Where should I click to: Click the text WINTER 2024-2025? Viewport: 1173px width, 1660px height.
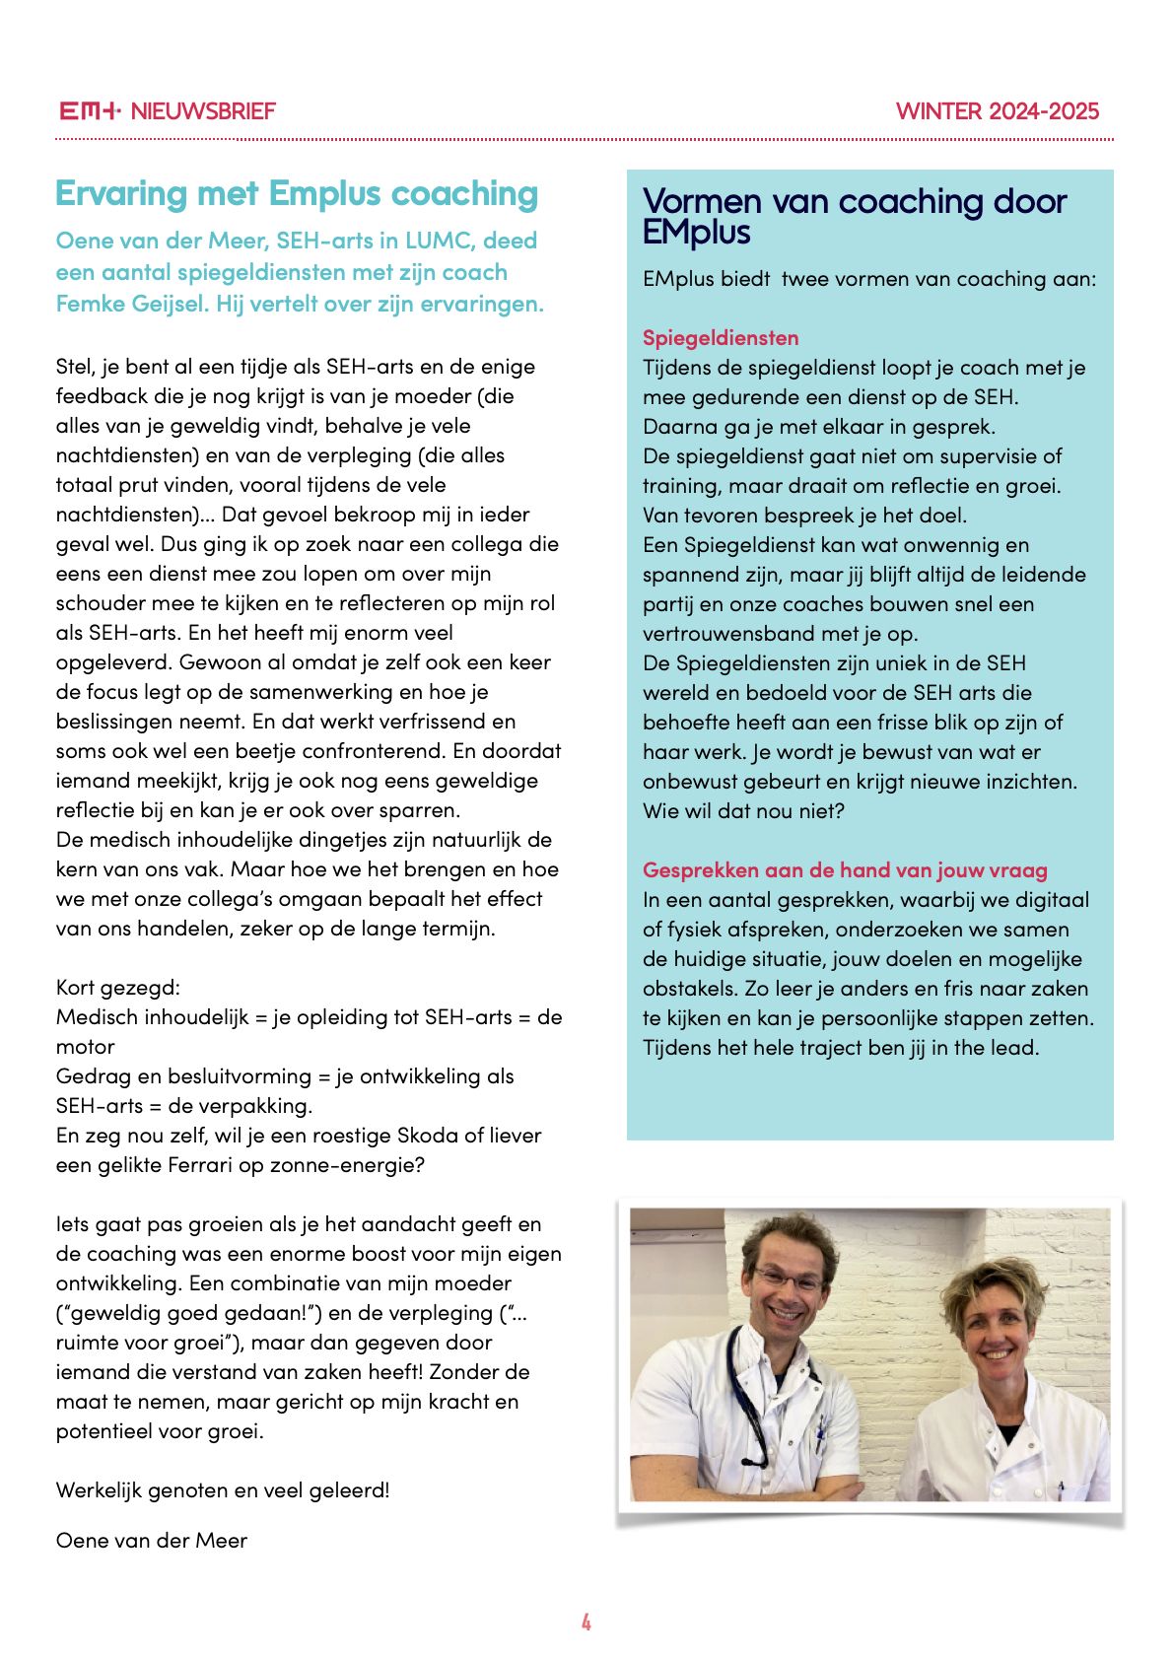click(997, 111)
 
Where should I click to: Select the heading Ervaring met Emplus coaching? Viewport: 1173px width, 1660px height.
click(297, 194)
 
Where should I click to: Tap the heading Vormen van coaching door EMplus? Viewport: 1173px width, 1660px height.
click(854, 216)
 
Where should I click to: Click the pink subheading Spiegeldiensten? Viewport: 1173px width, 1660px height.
click(721, 338)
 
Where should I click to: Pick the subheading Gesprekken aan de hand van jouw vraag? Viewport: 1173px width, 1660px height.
click(845, 870)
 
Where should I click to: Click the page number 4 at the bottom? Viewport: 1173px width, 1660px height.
click(586, 1622)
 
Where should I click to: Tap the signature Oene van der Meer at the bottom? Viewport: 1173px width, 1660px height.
click(152, 1541)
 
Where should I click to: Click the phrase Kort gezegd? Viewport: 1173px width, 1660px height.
click(118, 988)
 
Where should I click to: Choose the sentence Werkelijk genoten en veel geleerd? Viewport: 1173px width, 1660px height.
click(223, 1490)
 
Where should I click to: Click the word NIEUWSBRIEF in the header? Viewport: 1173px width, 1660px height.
click(203, 111)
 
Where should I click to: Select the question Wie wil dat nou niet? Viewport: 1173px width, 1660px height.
click(743, 811)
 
